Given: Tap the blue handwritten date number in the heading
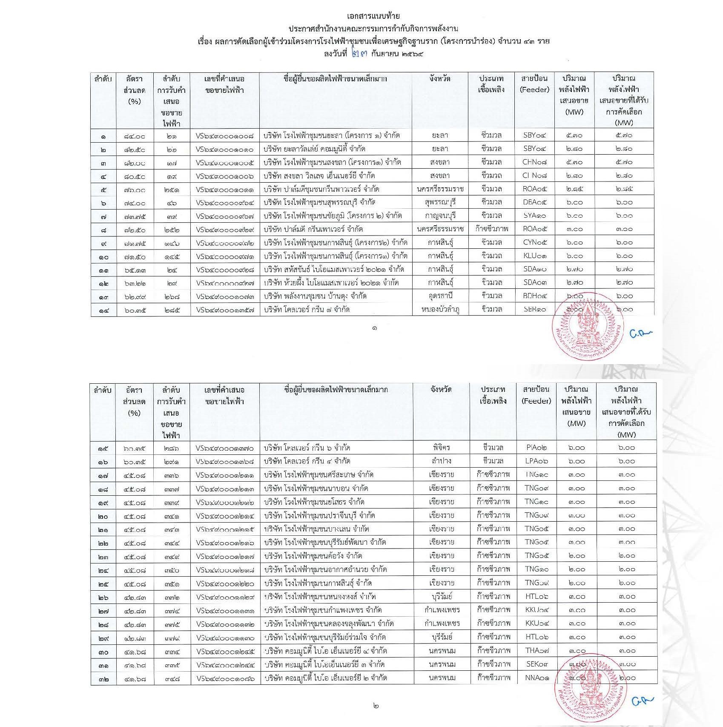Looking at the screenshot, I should tap(359, 54).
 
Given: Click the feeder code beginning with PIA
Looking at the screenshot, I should tap(536, 448).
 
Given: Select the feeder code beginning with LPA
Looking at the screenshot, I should tap(536, 461).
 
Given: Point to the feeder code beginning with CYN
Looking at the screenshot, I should tap(535, 242).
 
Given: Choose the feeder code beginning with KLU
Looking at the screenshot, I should tap(535, 256).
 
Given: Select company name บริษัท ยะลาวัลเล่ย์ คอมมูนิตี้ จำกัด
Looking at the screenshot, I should tap(314, 149).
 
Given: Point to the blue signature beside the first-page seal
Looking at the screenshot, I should tap(640, 334).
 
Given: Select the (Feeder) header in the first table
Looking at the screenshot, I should tap(535, 90).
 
